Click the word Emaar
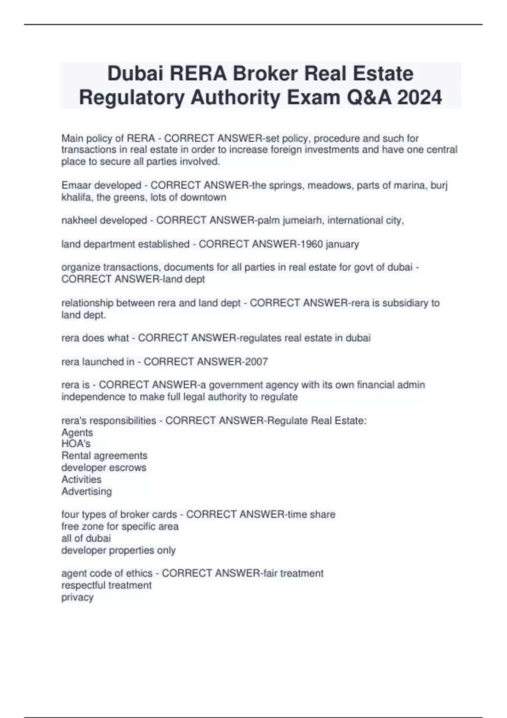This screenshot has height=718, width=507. tap(76, 185)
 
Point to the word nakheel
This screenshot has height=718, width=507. tap(79, 220)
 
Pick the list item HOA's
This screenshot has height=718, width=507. tap(76, 444)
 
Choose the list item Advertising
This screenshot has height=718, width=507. tap(87, 491)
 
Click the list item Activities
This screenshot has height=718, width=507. tap(82, 479)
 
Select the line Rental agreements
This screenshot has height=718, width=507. tap(104, 456)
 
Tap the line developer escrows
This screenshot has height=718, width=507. tap(104, 468)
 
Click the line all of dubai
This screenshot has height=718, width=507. tap(86, 538)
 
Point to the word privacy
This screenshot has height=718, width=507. tap(77, 597)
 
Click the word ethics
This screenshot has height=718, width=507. tap(139, 574)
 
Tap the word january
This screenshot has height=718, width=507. tap(342, 244)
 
